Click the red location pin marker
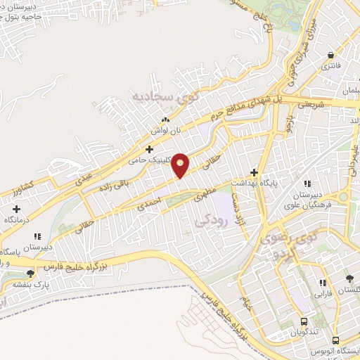click(181, 165)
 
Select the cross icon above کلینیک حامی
click(148, 149)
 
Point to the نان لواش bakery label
click(165, 131)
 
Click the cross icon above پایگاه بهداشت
click(255, 172)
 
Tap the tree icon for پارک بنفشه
click(30, 274)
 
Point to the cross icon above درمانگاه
click(17, 209)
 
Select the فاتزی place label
click(330, 66)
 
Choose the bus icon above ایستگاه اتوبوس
click(336, 338)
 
